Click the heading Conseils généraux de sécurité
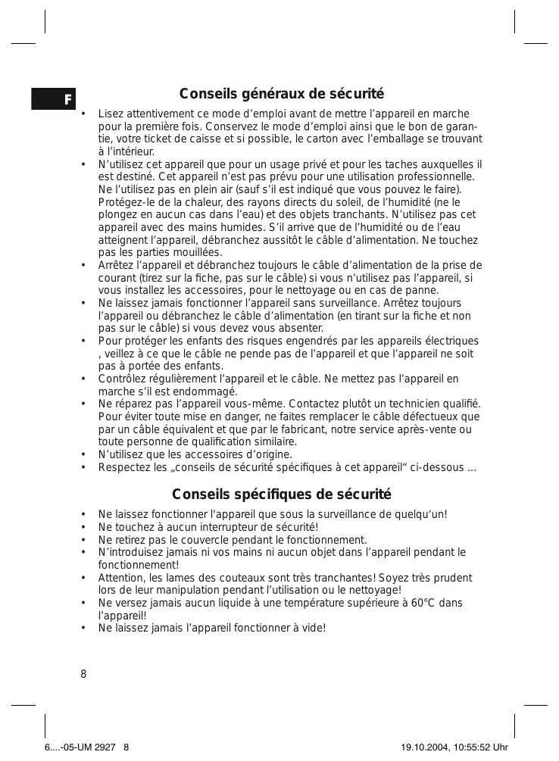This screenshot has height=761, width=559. click(281, 95)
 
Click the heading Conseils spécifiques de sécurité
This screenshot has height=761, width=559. click(281, 495)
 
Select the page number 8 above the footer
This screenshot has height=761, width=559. click(83, 674)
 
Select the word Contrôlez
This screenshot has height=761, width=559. click(123, 379)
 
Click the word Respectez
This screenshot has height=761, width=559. click(123, 467)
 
